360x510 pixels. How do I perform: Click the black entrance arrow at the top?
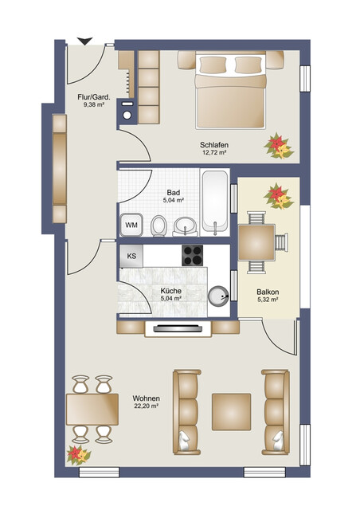tap(84, 41)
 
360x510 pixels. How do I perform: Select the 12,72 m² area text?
tap(213, 151)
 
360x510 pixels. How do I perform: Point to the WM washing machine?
tap(131, 226)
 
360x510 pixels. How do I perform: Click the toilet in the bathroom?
tap(158, 228)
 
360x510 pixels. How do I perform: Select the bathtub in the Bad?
tap(215, 200)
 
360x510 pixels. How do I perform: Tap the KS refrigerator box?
tap(131, 256)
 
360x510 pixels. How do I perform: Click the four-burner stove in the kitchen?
tap(194, 255)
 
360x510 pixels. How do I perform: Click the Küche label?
tap(170, 291)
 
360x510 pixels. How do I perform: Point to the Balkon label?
tap(268, 292)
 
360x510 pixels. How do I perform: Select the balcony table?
tap(257, 242)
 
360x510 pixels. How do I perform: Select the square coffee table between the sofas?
tap(231, 410)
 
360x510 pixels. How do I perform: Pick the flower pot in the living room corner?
tap(80, 454)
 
